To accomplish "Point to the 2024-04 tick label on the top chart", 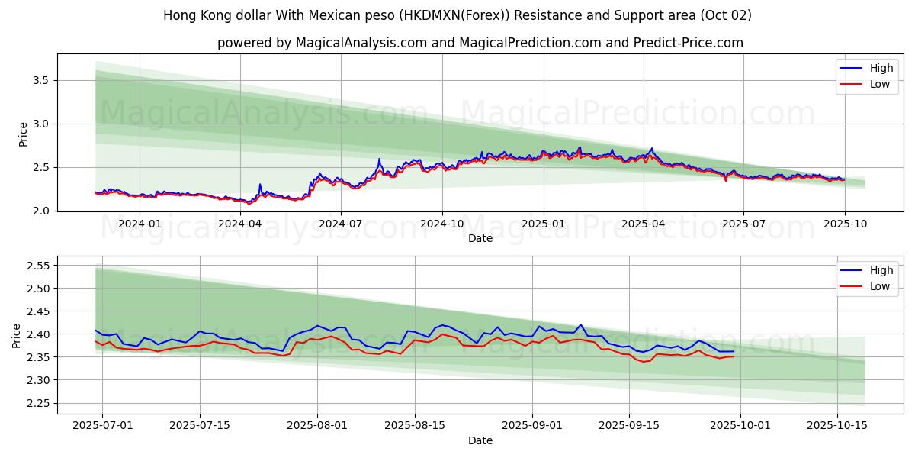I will point(240,224).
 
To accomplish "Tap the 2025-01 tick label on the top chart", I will point(543,224).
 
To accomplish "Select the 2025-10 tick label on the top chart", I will point(844,224).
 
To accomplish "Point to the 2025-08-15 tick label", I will point(415,426).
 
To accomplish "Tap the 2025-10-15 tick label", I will point(837,426).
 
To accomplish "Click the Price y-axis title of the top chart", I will point(24,134).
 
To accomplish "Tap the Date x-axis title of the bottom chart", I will point(480,440).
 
